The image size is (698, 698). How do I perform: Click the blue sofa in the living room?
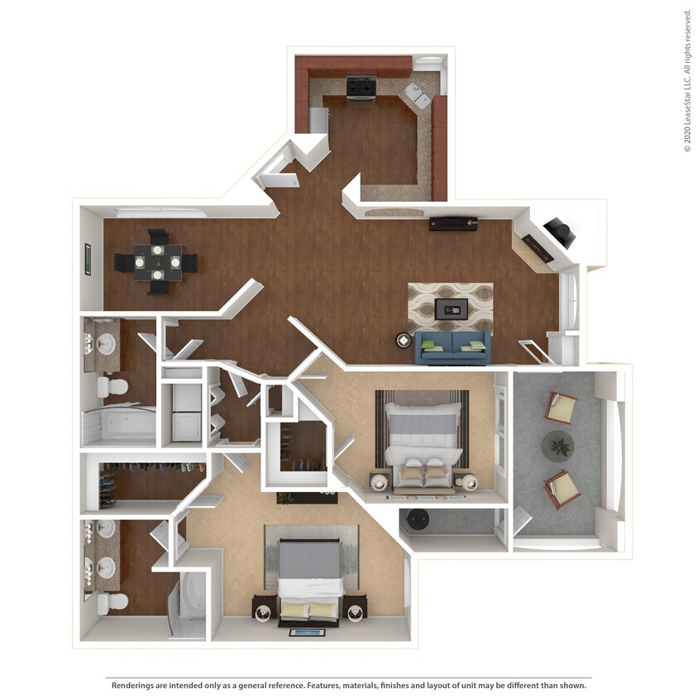click(x=452, y=347)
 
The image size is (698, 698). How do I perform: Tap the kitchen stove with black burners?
click(x=361, y=86)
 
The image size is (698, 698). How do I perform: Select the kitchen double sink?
click(x=417, y=94)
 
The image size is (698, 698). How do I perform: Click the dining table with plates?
click(x=156, y=262)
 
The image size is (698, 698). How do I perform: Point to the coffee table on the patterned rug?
click(x=451, y=308)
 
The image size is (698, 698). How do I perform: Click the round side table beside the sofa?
click(x=404, y=340)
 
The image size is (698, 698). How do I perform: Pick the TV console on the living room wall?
click(x=452, y=223)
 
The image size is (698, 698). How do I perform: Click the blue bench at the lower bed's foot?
click(x=308, y=633)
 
